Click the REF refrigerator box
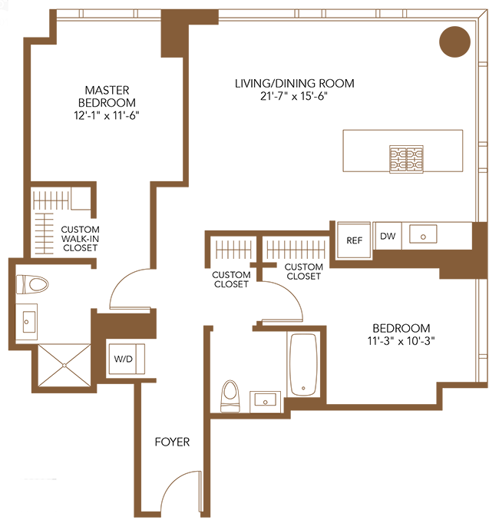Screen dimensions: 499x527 [354, 240]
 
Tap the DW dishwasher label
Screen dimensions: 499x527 [388, 236]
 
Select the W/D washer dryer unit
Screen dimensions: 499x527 [127, 359]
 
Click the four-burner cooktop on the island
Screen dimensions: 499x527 [406, 159]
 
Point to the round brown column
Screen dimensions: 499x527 [454, 41]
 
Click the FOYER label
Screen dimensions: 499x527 [172, 442]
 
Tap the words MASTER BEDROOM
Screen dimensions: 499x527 [107, 96]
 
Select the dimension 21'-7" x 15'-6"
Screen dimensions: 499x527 [294, 97]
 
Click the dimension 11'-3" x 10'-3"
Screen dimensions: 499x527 [401, 341]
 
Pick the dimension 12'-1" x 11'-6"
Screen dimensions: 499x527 [107, 115]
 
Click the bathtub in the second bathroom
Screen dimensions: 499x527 [303, 364]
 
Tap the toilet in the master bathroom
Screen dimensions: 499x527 [32, 284]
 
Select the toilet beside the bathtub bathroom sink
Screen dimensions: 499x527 [230, 396]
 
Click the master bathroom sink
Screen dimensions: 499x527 [27, 322]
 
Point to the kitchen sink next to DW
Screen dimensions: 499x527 [423, 234]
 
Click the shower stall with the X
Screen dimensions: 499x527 [64, 365]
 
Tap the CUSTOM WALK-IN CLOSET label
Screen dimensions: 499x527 [81, 239]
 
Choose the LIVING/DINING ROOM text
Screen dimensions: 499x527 [295, 83]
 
